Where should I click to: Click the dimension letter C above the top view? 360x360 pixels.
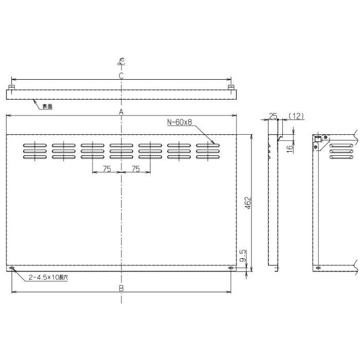(x=121, y=76)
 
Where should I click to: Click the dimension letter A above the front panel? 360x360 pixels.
(x=121, y=112)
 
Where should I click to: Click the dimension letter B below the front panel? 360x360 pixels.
(x=121, y=288)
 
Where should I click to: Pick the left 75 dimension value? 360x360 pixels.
(x=106, y=169)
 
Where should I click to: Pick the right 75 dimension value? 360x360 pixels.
(x=136, y=169)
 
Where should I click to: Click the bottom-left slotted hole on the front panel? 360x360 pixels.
(x=12, y=268)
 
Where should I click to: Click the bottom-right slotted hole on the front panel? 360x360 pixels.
(x=230, y=268)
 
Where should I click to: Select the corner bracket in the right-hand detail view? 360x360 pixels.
(x=319, y=142)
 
